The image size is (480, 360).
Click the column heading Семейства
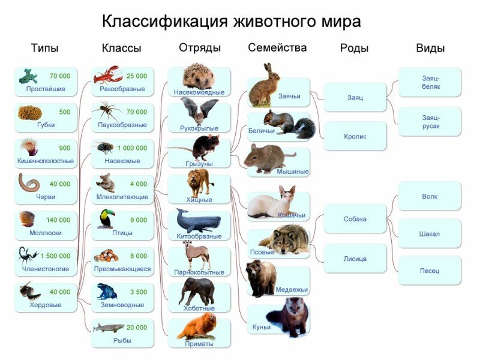point(277,48)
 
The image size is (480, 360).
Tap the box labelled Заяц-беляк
point(430,83)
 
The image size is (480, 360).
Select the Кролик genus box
point(355,136)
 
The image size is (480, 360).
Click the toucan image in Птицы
point(106,219)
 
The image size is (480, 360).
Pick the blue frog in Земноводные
point(107,292)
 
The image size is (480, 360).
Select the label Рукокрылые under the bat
point(199,128)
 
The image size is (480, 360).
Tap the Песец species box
point(430,271)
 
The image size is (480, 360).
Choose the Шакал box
point(430,234)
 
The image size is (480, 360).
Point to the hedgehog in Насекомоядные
point(199,77)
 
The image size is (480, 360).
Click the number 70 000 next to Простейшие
point(59,76)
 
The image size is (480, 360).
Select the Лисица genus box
point(355,259)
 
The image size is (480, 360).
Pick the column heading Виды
point(430,49)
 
